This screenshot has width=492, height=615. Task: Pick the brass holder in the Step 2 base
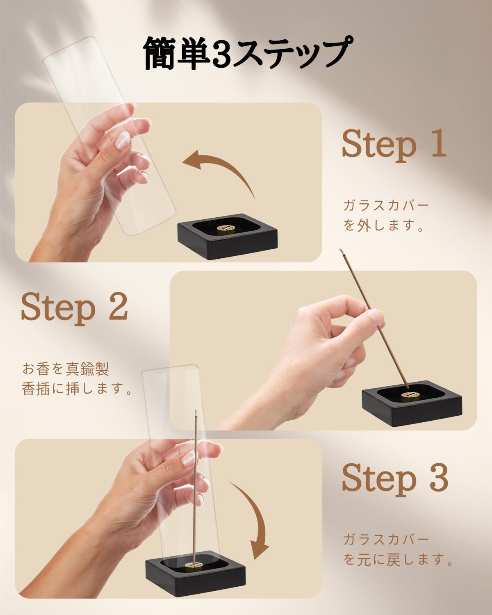click(x=410, y=395)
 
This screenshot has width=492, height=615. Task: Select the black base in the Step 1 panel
click(x=228, y=237)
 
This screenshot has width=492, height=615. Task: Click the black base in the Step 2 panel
click(x=412, y=403)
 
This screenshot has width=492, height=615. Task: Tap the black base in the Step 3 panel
click(x=196, y=573)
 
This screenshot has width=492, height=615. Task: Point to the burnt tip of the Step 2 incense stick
click(x=342, y=252)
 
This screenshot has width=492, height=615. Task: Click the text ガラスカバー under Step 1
click(x=386, y=205)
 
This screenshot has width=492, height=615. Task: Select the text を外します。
click(x=383, y=225)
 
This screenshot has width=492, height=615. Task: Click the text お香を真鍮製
click(x=66, y=369)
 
